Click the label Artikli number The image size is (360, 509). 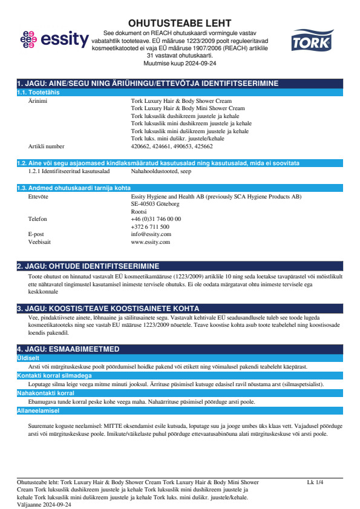46,146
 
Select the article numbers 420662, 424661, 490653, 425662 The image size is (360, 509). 172,146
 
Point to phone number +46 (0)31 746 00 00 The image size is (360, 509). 156,219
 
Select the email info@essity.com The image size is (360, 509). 151,234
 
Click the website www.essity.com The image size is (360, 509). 151,241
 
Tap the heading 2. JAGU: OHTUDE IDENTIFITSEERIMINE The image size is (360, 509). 88,266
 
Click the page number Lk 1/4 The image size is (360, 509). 315,482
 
